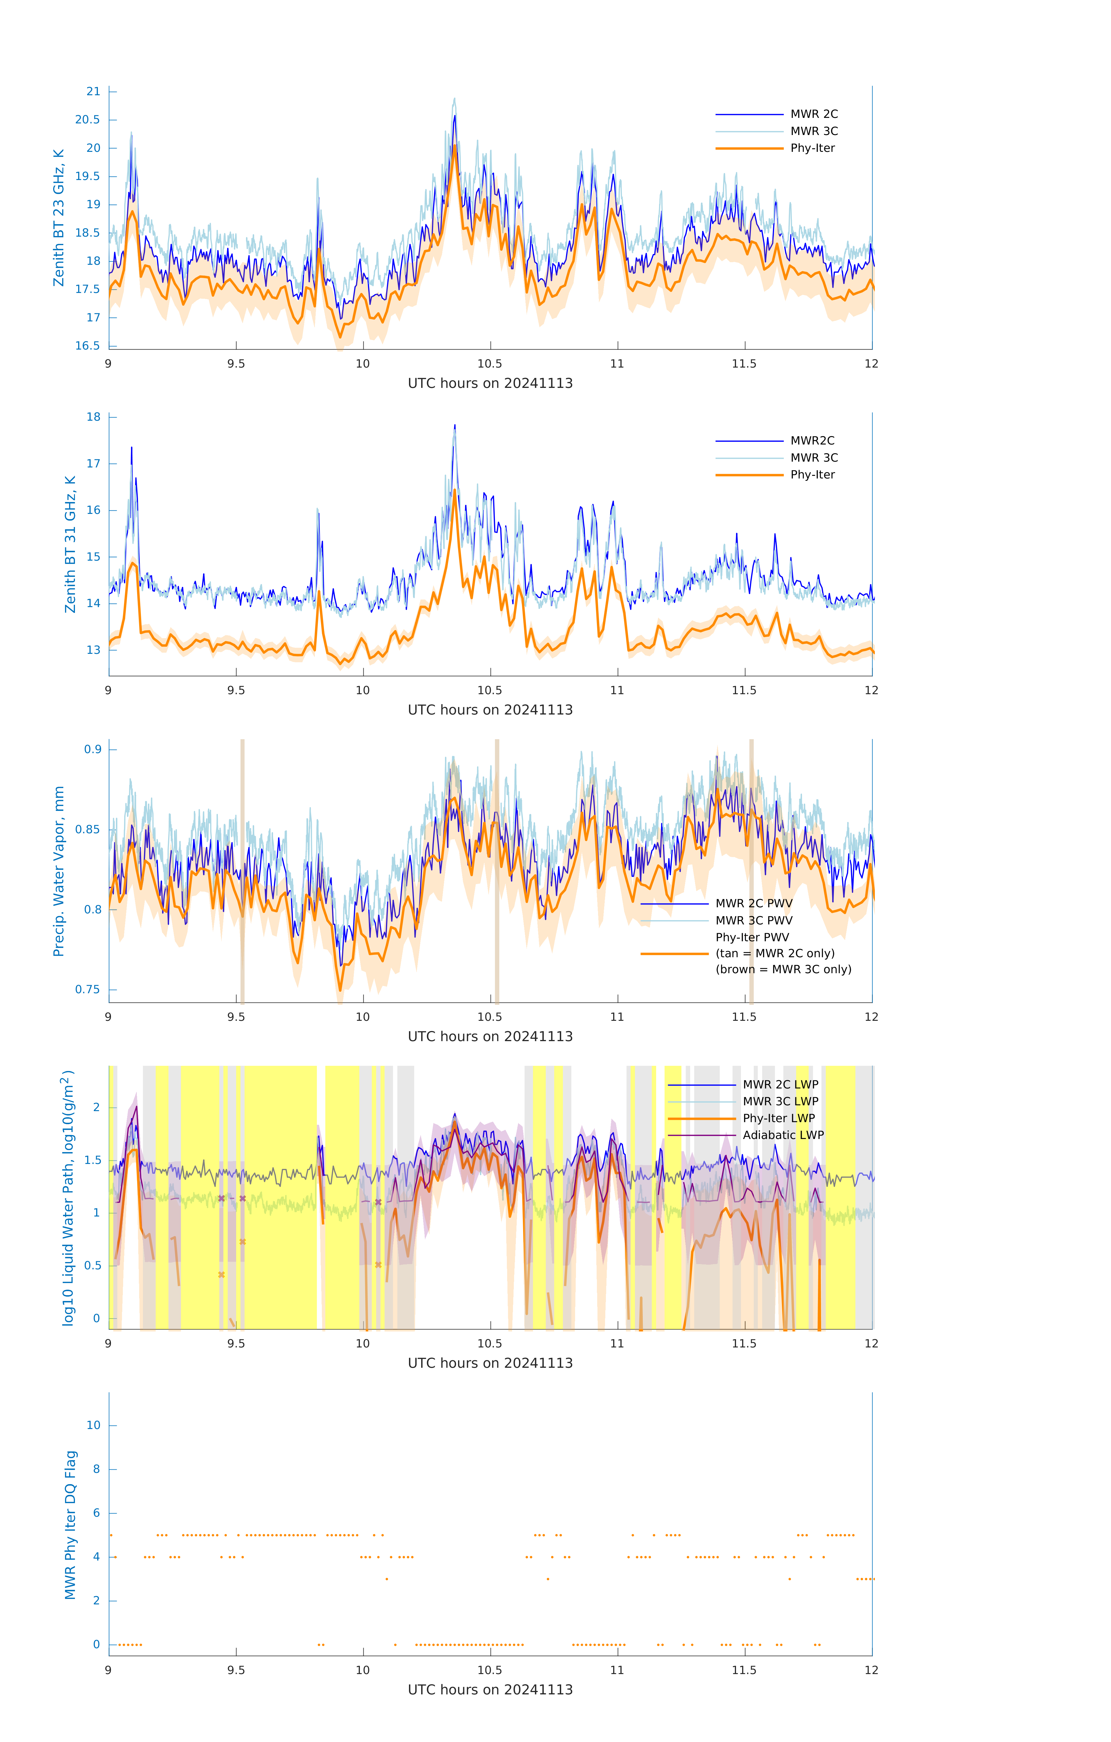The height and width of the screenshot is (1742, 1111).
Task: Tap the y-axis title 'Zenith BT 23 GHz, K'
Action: point(59,218)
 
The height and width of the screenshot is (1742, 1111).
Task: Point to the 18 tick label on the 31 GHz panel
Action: point(93,417)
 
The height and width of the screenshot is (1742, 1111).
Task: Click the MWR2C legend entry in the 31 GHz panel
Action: point(812,440)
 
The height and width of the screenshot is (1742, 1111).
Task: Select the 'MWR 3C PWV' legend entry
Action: point(753,920)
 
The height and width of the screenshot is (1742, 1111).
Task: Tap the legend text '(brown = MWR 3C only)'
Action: point(783,969)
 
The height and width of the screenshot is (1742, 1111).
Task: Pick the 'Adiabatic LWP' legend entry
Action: point(783,1135)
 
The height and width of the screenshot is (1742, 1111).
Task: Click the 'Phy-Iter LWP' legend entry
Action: point(779,1118)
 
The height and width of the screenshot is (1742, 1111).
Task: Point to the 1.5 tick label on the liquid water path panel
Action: point(93,1160)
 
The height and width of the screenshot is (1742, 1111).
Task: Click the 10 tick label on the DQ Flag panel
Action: point(93,1425)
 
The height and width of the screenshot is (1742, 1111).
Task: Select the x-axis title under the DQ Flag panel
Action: point(490,1690)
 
